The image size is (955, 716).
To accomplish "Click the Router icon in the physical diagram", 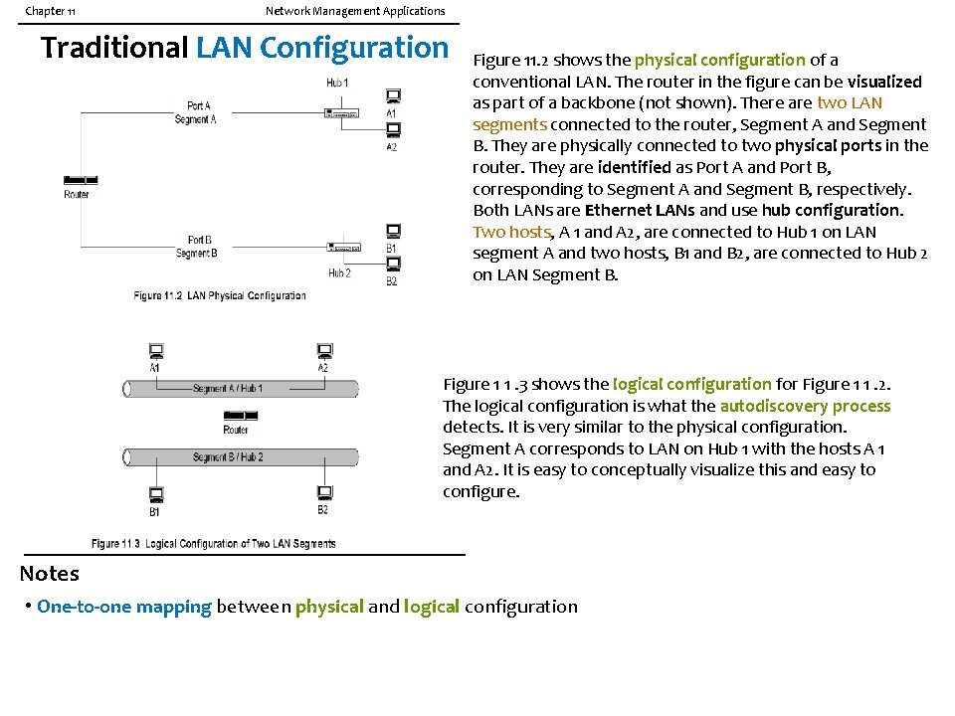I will (77, 180).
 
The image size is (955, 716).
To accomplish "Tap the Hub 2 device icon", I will (342, 247).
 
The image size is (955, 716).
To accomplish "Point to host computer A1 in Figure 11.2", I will (393, 97).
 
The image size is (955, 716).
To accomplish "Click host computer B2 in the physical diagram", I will (393, 265).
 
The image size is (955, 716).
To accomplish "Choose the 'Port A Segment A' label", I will (197, 112).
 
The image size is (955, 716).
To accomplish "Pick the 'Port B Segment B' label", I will (198, 247).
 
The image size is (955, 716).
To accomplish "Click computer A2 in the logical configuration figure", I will (323, 351).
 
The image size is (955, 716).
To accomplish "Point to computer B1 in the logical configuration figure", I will (156, 493).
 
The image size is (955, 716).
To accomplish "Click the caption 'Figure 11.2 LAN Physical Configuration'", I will (220, 295).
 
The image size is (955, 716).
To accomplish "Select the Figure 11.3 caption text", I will (213, 543).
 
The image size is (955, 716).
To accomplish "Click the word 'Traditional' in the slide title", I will (114, 48).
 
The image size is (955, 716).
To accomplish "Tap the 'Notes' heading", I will (49, 574).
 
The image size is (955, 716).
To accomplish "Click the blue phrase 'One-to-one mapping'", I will (124, 607).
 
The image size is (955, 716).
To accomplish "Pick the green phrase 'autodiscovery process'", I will (805, 406).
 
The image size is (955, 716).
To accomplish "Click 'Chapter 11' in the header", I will (50, 11).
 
